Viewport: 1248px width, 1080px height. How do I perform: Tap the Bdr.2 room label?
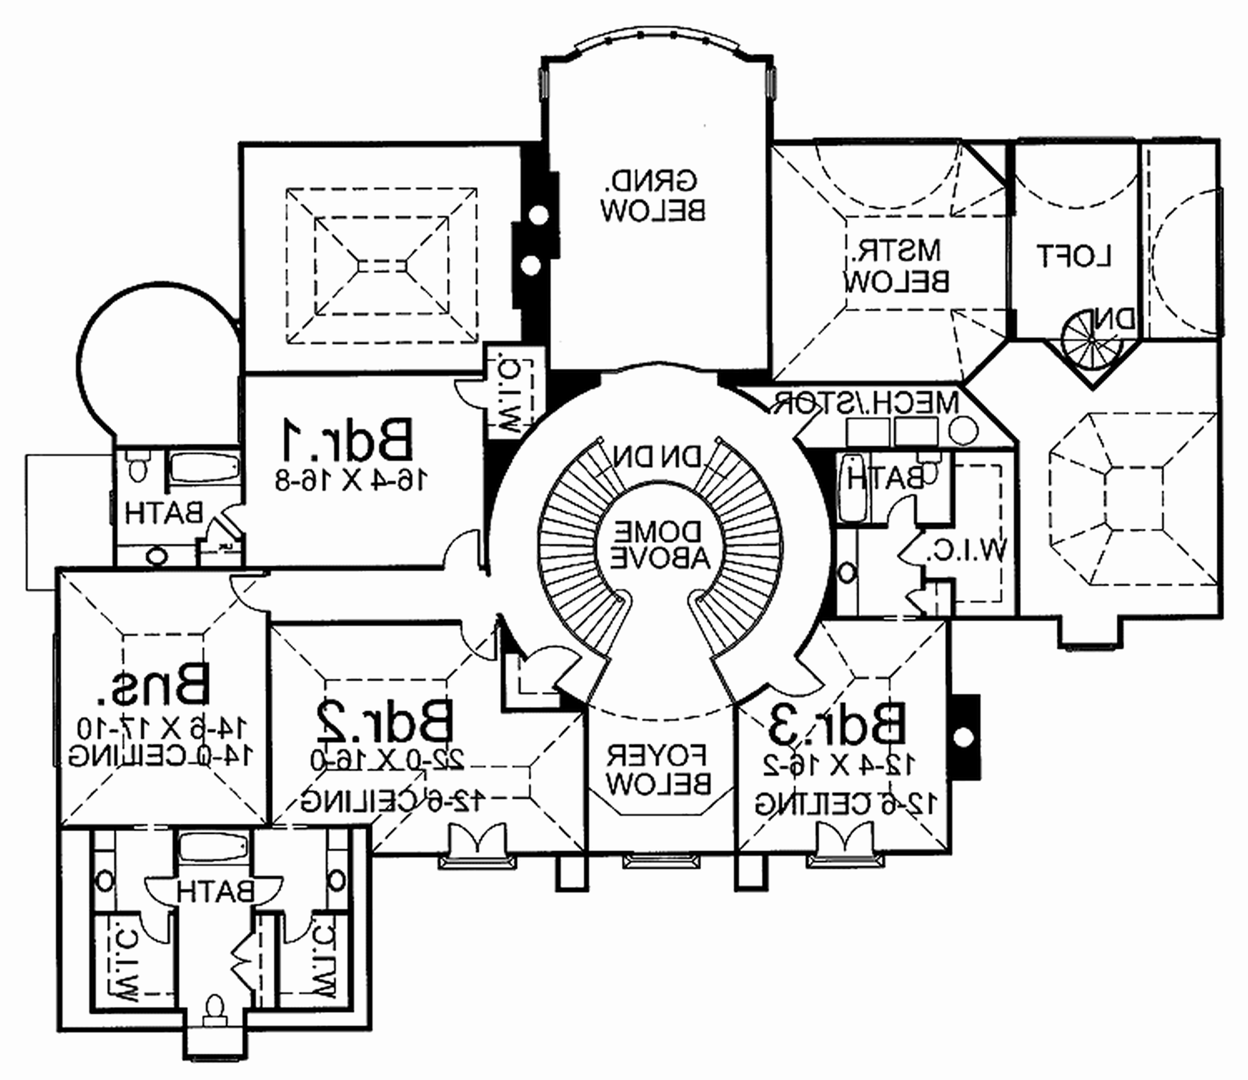pos(384,723)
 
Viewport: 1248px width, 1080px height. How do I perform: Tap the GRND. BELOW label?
pos(653,196)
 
